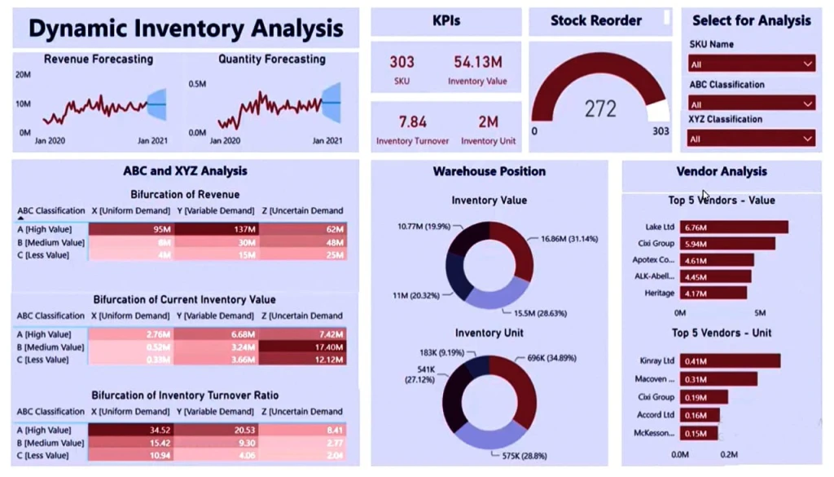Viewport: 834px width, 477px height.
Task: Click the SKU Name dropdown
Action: coord(752,64)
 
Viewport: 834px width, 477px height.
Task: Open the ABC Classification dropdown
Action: coord(752,104)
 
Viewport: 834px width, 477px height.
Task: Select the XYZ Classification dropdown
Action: coord(752,139)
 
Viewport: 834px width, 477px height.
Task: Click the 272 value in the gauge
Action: coord(600,109)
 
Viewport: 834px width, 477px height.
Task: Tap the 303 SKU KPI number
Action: coord(402,62)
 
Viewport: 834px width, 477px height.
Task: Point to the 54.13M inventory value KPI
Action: coord(477,62)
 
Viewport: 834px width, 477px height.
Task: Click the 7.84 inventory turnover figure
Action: coord(412,121)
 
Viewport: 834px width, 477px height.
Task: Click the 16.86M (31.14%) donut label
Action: coord(568,239)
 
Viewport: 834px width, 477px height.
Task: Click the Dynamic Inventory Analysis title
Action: coord(186,29)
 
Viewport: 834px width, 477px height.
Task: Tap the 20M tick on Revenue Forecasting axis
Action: coord(23,74)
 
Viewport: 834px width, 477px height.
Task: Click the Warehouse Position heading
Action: coord(489,171)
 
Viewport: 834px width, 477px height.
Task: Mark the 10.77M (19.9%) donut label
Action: coord(424,226)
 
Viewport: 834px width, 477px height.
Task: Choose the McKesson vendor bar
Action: coord(699,434)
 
